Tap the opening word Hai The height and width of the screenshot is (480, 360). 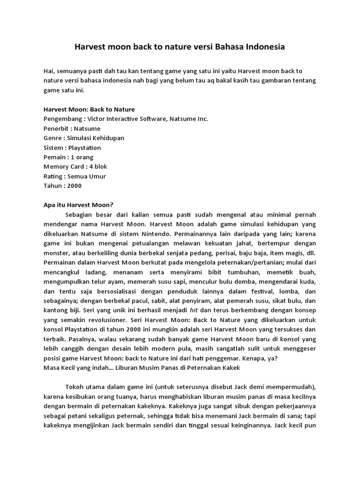point(48,71)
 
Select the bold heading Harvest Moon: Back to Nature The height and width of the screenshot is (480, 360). point(89,109)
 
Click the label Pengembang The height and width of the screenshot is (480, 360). point(61,119)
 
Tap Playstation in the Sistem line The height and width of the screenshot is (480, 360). point(85,148)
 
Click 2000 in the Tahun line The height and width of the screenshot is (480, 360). point(74,186)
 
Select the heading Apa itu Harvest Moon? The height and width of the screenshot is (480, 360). point(78,205)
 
